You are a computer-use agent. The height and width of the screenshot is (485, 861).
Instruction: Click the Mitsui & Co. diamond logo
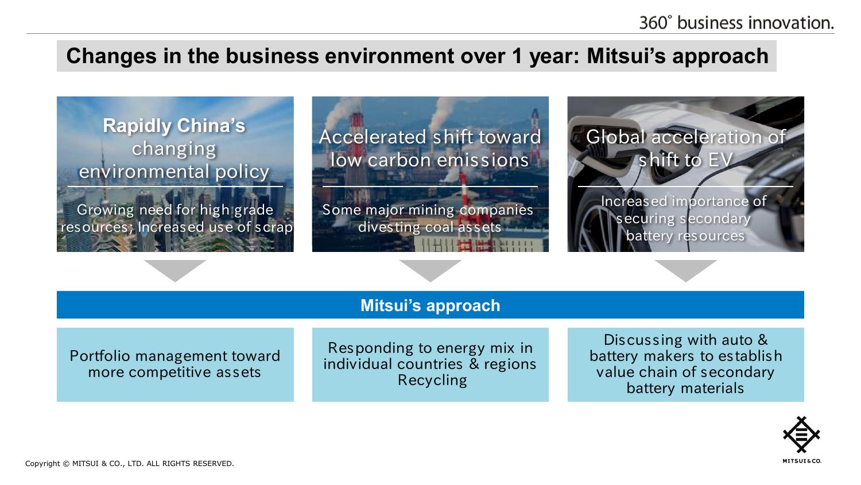click(801, 434)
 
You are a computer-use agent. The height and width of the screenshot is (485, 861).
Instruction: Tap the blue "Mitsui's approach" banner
click(430, 305)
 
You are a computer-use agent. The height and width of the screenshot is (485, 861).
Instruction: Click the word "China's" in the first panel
click(211, 126)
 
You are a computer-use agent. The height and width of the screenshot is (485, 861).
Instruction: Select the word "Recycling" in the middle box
click(432, 380)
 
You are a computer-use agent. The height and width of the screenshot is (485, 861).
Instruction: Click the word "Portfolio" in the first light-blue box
click(100, 356)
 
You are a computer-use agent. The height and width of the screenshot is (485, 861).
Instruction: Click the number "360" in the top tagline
click(653, 23)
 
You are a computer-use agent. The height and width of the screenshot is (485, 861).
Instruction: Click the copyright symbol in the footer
click(66, 464)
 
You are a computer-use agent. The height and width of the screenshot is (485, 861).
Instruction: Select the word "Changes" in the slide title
click(111, 56)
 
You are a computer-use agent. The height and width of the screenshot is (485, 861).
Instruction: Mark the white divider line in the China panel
click(175, 187)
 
